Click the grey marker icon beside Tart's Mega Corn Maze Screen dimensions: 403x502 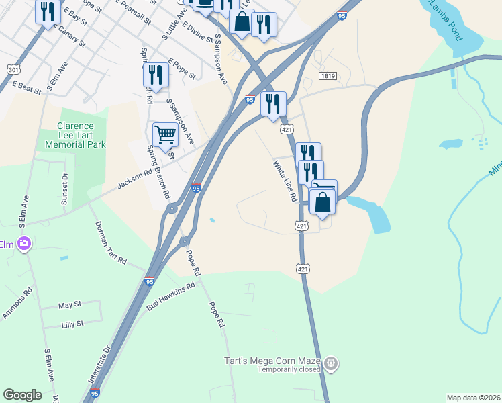coord(330,364)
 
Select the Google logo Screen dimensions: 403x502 coord(22,395)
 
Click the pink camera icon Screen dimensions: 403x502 coord(25,244)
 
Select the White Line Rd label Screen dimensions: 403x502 coord(285,181)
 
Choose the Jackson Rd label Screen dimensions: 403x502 coord(134,179)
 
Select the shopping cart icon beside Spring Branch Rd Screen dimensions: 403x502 coord(164,134)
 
